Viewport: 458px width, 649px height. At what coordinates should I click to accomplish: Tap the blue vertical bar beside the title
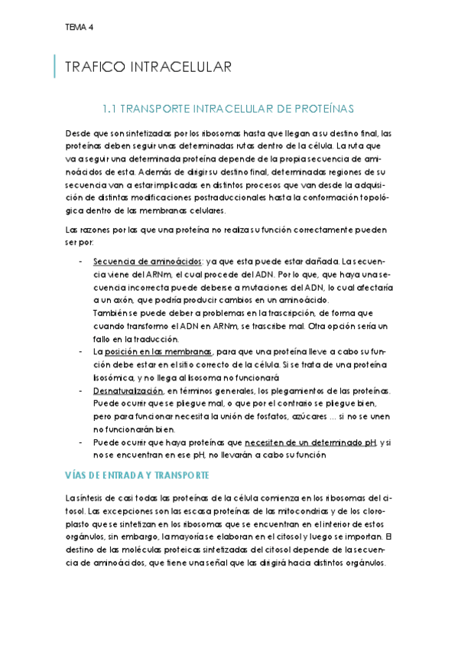point(55,67)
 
